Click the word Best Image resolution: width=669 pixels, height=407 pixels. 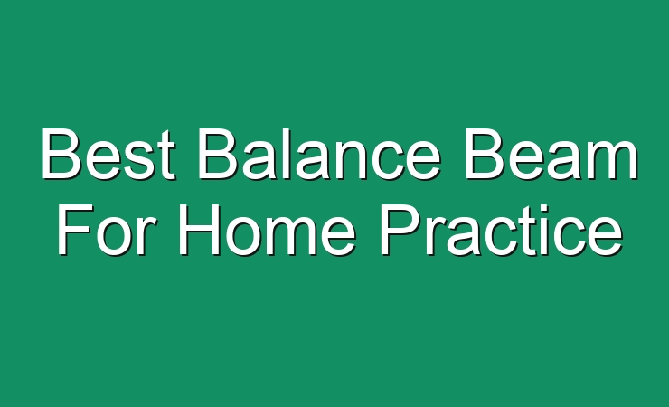coord(108,154)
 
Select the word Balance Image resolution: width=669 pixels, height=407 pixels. coord(319,154)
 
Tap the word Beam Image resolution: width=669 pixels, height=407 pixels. coord(551,154)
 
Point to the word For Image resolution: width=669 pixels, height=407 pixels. coord(104,229)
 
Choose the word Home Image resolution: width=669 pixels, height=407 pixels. coord(267,229)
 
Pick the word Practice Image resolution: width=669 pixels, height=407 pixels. coord(502,229)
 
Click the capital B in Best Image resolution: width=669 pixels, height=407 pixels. coord(61,153)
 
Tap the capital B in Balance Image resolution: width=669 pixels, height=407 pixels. coord(217,153)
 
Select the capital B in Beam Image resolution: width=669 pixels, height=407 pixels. coord(483,153)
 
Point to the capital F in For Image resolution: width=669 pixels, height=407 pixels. coord(75,229)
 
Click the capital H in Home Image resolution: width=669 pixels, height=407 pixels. coord(198,229)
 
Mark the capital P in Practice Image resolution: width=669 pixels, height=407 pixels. coord(400,229)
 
